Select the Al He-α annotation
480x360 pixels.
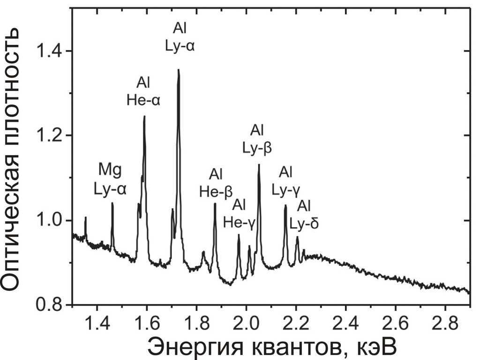[143, 92]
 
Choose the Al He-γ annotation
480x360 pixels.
[239, 213]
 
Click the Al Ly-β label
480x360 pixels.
[257, 138]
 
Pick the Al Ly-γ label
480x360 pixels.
[286, 180]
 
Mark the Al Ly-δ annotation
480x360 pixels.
[305, 214]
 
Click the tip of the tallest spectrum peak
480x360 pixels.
[179, 70]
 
